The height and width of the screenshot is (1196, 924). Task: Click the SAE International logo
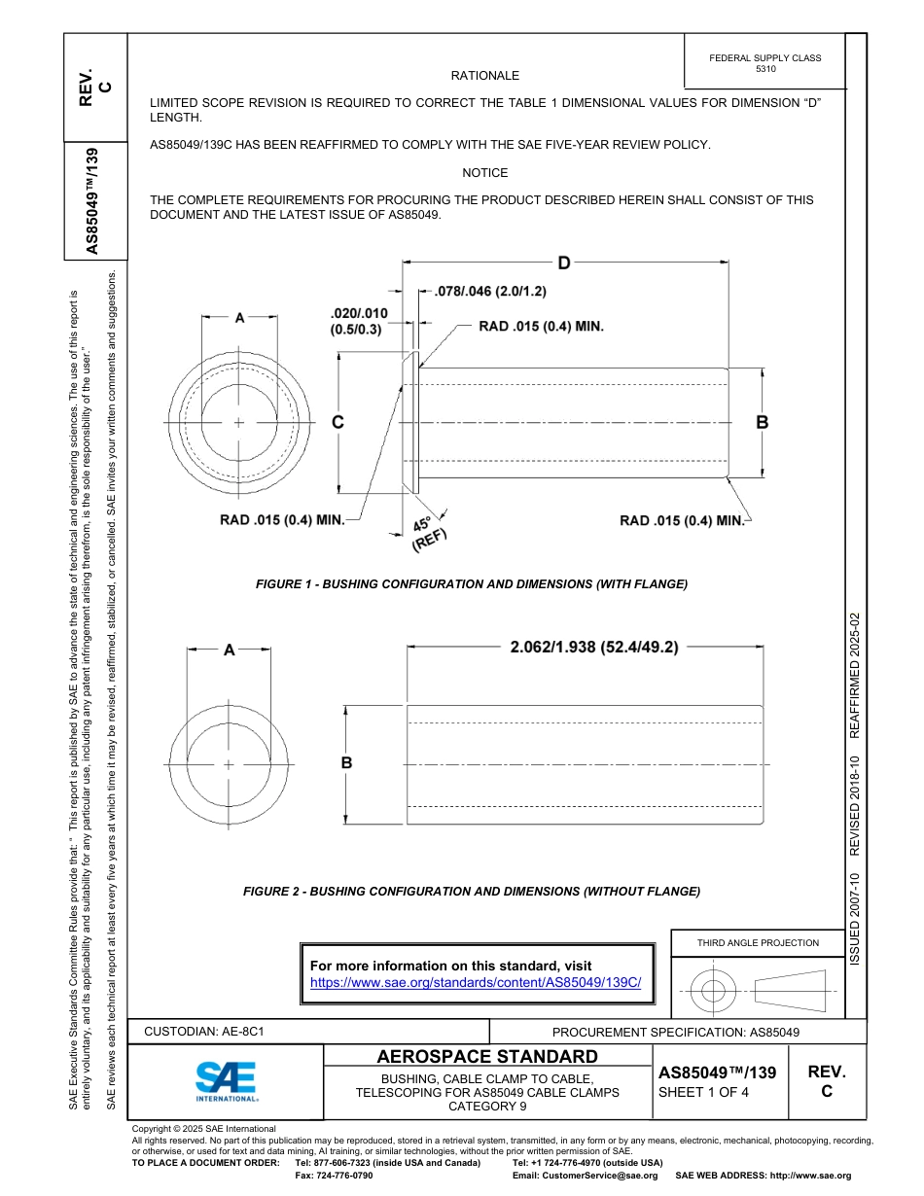pos(226,1079)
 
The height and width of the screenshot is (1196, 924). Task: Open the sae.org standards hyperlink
pos(476,982)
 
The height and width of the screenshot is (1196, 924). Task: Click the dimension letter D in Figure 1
pos(563,263)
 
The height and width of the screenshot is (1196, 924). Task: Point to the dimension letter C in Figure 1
pos(338,422)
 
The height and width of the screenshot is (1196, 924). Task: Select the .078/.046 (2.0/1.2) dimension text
pos(490,291)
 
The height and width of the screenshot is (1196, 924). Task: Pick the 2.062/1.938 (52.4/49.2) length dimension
pos(594,647)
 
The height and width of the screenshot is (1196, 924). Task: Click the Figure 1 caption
pos(472,584)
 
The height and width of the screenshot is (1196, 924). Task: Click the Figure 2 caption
pos(472,892)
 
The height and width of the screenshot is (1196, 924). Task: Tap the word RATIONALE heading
pos(485,76)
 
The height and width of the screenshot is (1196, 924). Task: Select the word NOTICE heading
pos(485,173)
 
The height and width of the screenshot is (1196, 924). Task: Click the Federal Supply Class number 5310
pos(765,70)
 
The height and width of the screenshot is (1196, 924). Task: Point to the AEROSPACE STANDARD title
pos(487,1057)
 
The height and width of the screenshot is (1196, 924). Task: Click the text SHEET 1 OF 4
pos(704,1091)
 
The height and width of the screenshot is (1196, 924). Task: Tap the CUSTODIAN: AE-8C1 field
pos(204,1031)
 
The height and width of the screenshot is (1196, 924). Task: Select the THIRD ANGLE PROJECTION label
pos(758,942)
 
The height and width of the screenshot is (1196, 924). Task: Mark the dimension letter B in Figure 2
pos(346,763)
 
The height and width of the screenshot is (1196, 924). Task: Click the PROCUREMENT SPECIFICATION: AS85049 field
pos(676,1032)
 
